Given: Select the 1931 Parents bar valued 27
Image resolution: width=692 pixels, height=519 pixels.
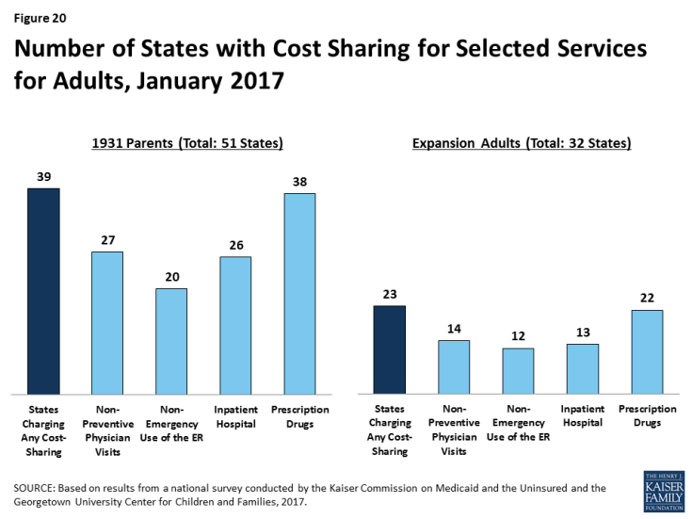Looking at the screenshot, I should click(107, 322).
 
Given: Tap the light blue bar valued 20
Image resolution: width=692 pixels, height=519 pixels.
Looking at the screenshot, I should click(171, 340).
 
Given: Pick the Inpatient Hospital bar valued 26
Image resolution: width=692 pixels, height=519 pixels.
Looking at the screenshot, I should click(235, 324).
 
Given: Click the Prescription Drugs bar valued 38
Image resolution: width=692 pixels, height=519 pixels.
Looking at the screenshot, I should click(299, 293).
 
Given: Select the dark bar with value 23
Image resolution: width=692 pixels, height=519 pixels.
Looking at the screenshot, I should click(390, 349).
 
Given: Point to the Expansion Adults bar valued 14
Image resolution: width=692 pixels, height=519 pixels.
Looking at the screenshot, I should click(454, 366).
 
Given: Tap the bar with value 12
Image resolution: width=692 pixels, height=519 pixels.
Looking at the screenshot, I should click(518, 370).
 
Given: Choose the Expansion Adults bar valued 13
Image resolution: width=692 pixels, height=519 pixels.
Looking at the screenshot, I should click(582, 368).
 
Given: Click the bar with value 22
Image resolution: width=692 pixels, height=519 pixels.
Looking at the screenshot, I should click(646, 351).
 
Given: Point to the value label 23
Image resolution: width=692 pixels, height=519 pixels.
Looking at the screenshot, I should click(390, 294).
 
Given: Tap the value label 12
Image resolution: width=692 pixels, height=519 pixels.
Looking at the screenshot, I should click(518, 336).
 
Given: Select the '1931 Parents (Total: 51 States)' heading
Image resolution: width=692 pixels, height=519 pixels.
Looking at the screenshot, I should click(187, 143).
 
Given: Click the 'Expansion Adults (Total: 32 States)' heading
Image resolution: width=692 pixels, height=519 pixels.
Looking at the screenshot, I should click(521, 143).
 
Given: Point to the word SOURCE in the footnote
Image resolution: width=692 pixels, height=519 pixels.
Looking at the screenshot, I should click(37, 487).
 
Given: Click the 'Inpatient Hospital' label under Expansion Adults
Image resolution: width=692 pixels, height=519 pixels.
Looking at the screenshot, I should click(582, 415).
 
